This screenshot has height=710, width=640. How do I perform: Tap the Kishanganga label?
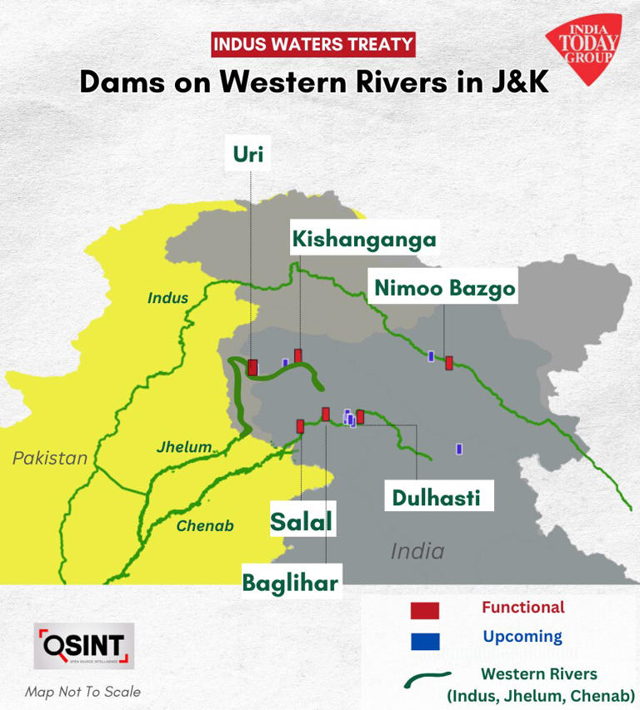point(363,239)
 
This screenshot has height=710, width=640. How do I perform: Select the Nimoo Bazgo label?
point(445,288)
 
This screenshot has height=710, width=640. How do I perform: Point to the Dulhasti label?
point(436,498)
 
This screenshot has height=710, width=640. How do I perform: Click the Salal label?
point(301,522)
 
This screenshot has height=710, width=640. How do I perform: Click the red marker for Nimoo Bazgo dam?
point(449,362)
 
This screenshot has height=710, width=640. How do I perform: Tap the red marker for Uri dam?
point(252,367)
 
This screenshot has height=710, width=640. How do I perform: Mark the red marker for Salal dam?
point(300,426)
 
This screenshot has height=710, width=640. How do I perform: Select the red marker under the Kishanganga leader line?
point(297,355)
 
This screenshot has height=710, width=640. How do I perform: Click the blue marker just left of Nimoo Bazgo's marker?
point(431,356)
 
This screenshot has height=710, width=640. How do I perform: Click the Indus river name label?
point(167,298)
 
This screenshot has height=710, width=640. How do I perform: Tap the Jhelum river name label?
point(184,447)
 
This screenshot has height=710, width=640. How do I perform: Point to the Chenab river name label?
point(205,526)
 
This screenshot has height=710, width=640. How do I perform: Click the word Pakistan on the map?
point(50,458)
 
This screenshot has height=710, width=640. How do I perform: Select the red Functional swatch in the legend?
point(424,610)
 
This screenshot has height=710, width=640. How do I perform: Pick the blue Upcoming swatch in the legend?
point(424,640)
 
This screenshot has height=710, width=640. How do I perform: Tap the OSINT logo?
point(83,646)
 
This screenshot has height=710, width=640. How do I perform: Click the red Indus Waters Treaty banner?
point(313,44)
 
